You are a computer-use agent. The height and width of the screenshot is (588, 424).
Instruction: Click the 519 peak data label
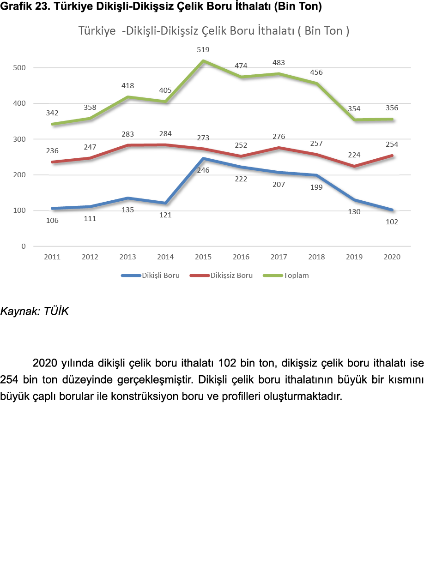coord(203,50)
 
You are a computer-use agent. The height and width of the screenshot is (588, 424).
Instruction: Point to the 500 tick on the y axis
coord(20,68)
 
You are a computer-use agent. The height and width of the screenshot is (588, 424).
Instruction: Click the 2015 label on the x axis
coord(203,257)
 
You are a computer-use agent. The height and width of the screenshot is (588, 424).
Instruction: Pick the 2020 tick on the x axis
coord(392,257)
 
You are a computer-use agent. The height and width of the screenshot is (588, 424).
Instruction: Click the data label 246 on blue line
coord(203,170)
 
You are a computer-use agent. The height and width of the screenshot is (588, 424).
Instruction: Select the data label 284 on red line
coord(165,134)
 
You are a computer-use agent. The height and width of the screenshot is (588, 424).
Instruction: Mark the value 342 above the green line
coord(52,113)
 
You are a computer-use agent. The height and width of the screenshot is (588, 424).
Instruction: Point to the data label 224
coord(354,155)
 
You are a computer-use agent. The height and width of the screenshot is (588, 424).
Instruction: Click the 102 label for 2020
coord(392,222)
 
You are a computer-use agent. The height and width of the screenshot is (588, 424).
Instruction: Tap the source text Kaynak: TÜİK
coord(34,312)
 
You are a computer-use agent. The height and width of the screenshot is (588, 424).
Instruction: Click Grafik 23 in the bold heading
coord(23,7)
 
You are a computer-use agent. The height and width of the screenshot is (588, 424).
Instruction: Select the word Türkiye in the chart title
coord(97,31)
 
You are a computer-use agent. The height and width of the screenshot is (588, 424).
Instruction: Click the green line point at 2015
coord(203,61)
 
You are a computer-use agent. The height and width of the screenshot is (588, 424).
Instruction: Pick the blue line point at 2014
coord(165,203)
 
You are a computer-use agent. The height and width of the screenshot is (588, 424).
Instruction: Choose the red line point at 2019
coord(354,166)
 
